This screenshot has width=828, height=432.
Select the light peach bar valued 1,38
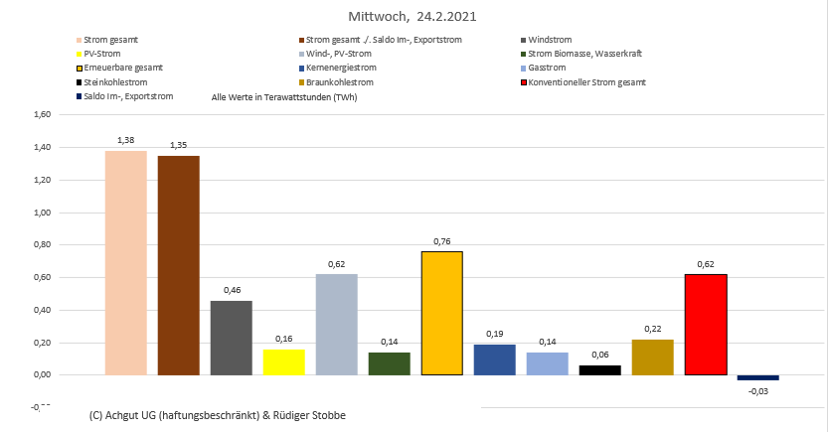[x=125, y=262]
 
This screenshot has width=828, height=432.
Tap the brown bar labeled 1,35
[x=178, y=265]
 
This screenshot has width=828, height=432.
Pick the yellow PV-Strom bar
[x=283, y=361]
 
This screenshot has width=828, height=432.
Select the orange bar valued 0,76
[x=441, y=313]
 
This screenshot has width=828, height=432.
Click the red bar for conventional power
[x=705, y=324]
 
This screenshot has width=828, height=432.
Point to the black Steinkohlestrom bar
[x=599, y=369]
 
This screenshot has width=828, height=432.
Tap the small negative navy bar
[x=757, y=377]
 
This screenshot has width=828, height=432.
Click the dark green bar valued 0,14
[x=389, y=363]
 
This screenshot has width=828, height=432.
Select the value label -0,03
[x=758, y=390]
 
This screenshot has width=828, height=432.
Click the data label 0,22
[x=652, y=330]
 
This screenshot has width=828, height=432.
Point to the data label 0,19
[x=494, y=335]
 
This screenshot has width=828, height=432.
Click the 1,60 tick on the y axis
[x=42, y=114]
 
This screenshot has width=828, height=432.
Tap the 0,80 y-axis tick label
[x=42, y=244]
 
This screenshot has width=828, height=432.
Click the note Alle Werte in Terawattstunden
[x=284, y=97]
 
